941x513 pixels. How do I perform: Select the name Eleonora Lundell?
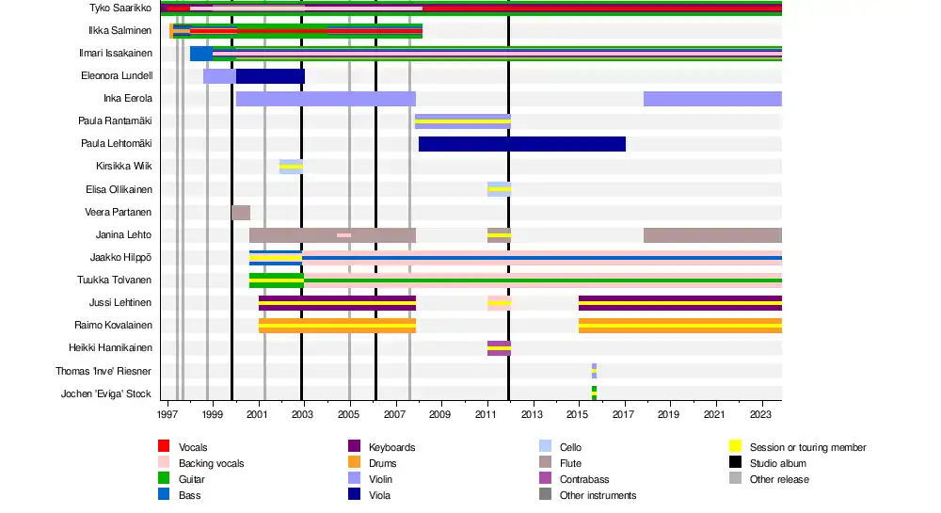coord(117,75)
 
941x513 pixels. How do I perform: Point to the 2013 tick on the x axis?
coord(532,414)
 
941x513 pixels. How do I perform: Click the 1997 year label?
coord(167,414)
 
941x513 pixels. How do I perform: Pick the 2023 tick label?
coord(759,414)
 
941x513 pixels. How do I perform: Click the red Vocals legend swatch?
coord(163,447)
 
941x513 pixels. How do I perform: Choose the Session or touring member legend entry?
coord(807,447)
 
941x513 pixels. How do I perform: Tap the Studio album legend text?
coord(778,463)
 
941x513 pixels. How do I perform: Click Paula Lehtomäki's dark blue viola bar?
coord(522,144)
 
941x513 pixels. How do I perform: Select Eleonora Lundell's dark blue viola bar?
coord(270,76)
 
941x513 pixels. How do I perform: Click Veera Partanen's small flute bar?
coord(241,213)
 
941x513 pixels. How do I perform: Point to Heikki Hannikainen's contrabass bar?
coord(499,348)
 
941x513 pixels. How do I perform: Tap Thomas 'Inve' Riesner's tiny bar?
coord(594,371)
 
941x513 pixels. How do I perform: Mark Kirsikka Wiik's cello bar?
coord(291,167)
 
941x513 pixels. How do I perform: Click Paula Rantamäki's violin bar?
coord(462,121)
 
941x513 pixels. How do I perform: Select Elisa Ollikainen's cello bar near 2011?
coord(499,189)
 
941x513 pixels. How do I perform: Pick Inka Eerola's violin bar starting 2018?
coord(712,99)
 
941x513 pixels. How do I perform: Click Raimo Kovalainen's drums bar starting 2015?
coord(679,326)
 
